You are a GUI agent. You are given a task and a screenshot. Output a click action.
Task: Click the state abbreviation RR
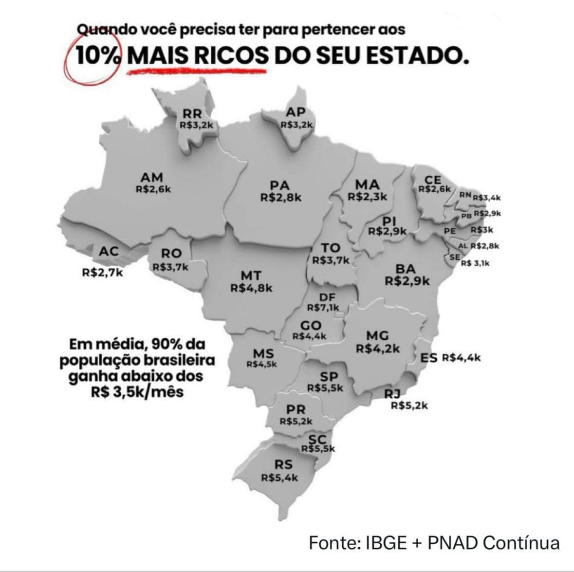tap(192, 113)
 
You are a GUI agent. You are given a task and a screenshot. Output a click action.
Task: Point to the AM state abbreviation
tap(151, 177)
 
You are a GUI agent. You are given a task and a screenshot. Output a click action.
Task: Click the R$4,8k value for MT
tap(251, 288)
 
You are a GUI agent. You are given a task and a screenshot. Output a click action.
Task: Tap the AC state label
tap(109, 252)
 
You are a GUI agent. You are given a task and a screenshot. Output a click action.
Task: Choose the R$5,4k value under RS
tap(279, 478)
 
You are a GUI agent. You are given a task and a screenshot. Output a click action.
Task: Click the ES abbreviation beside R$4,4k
tap(428, 358)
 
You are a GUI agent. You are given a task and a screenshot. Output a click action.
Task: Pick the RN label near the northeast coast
tap(465, 195)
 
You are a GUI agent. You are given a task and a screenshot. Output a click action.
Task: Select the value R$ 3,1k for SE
tap(475, 263)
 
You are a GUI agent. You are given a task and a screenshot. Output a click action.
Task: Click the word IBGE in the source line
tap(385, 542)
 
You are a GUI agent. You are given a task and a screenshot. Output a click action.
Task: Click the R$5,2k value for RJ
tap(409, 405)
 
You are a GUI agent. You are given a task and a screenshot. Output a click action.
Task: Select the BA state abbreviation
tap(406, 269)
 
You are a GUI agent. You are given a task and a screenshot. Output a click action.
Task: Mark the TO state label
tap(330, 248)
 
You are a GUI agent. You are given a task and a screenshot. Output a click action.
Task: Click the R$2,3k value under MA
tap(367, 197)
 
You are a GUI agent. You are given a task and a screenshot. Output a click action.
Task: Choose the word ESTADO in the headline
tap(417, 57)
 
